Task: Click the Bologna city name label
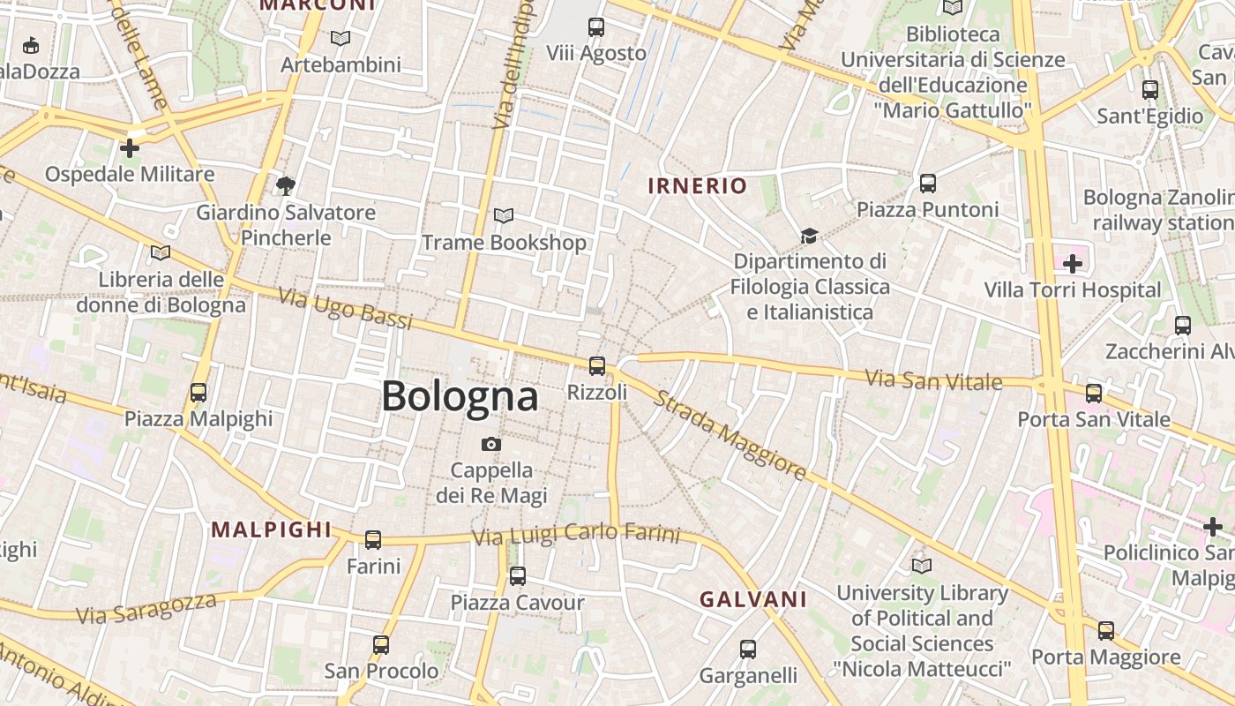tap(460, 396)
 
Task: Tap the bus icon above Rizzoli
tap(597, 365)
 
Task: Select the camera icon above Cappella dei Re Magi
tap(491, 444)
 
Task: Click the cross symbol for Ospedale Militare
tap(130, 147)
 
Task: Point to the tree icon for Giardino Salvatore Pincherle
tap(285, 185)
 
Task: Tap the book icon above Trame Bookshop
tap(504, 215)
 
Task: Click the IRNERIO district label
tap(698, 185)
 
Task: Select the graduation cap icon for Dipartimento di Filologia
tap(809, 236)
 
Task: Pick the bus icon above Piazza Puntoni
tap(928, 184)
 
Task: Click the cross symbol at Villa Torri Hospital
tap(1073, 264)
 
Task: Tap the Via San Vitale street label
tap(933, 380)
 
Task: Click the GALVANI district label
tap(753, 599)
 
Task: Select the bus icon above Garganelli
tap(748, 650)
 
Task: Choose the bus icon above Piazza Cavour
tap(518, 576)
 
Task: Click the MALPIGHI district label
tap(272, 529)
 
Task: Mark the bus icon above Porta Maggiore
tap(1106, 631)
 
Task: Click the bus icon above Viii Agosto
tap(596, 27)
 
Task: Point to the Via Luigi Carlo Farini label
tap(576, 535)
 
